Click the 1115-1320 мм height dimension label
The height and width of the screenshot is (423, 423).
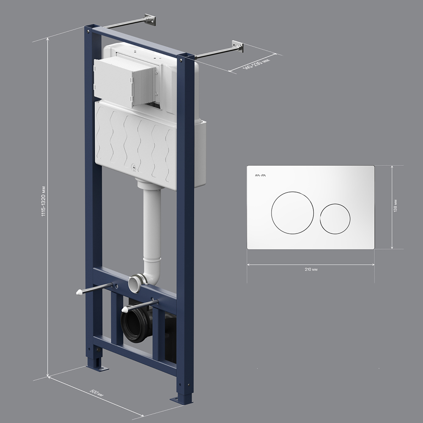[43, 201]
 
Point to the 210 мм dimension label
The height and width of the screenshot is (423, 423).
[311, 269]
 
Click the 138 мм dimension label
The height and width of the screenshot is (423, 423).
[395, 206]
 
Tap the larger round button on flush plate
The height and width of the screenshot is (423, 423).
[292, 213]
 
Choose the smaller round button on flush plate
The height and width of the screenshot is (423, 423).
[335, 219]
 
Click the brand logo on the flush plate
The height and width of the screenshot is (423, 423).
[260, 176]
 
